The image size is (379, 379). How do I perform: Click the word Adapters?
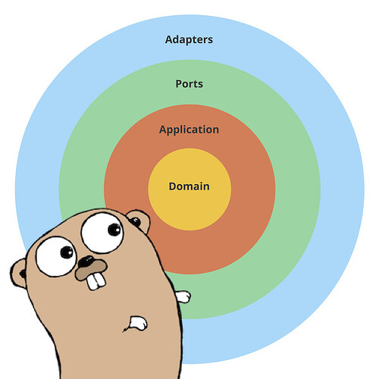point(189,40)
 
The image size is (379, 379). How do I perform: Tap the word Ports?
point(189,84)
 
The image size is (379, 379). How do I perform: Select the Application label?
point(189,130)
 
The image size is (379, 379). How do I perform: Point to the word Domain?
point(189,186)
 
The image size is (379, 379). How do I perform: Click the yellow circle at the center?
point(189,189)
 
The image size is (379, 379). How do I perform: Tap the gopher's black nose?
point(86,262)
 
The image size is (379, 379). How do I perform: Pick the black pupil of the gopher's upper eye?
point(114,230)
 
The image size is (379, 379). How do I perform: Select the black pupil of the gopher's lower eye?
point(67,252)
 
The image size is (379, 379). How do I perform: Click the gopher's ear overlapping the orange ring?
point(139,221)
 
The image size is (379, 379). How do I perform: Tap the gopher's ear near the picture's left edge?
point(19,274)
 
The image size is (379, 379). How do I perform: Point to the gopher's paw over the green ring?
point(183,296)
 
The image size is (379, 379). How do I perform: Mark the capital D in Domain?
point(173,186)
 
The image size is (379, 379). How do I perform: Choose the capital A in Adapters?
point(170,39)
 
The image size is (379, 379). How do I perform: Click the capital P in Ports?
point(179,84)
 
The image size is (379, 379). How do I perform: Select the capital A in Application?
point(164,130)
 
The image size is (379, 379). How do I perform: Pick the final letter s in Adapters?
point(210,41)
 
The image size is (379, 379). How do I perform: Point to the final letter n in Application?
point(215,130)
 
